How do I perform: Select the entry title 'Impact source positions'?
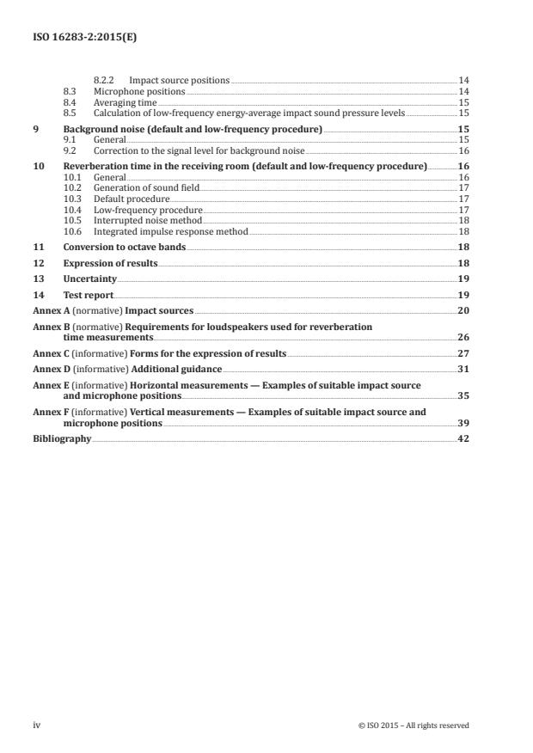click(179, 81)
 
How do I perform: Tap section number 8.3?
click(70, 91)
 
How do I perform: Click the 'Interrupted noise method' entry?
click(140, 220)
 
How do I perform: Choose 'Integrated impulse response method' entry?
click(158, 231)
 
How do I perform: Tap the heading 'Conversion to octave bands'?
click(124, 248)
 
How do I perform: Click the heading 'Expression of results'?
click(110, 263)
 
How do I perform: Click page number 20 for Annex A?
click(463, 310)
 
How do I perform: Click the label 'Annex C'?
click(49, 353)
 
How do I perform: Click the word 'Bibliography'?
click(62, 438)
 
